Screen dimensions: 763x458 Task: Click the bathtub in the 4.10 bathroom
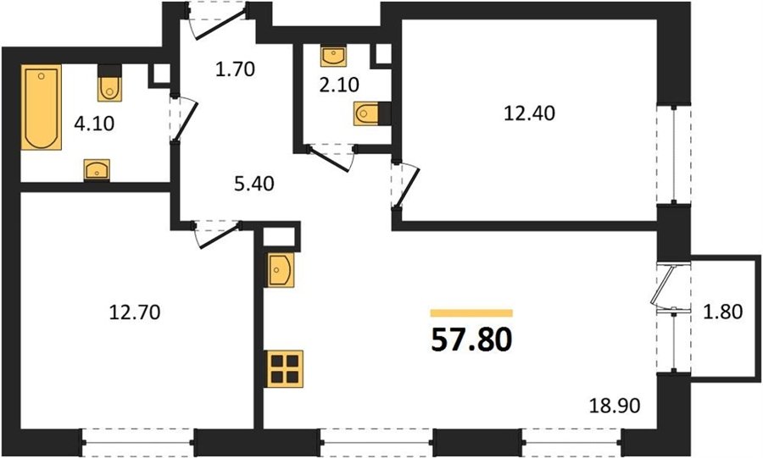tap(41, 107)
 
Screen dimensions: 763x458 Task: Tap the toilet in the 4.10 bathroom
tap(109, 83)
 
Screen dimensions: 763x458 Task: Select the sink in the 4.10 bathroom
tap(97, 170)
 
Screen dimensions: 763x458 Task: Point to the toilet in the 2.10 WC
tap(372, 114)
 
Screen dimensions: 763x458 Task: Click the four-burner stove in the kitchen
tap(285, 368)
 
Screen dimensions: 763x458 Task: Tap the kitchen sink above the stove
tap(281, 269)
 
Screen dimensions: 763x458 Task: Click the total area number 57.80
tap(471, 340)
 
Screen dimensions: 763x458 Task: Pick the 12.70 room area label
tap(134, 312)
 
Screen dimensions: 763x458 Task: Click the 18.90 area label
tap(615, 405)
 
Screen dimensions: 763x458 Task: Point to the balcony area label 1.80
tap(722, 312)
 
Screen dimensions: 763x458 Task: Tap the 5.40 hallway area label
tap(253, 184)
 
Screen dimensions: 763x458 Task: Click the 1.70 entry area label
tap(235, 69)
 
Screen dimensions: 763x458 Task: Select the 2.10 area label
tap(339, 85)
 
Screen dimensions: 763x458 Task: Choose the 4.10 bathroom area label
tap(94, 124)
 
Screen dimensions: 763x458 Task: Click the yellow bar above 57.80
tap(471, 313)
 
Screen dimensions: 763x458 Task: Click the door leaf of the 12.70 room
tap(220, 235)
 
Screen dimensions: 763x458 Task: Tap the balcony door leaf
tap(662, 284)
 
